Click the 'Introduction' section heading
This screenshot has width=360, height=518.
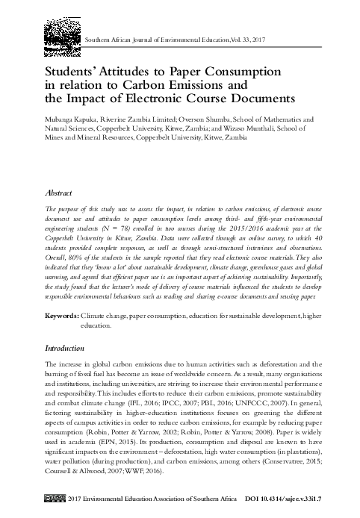pyautogui.click(x=65, y=348)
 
